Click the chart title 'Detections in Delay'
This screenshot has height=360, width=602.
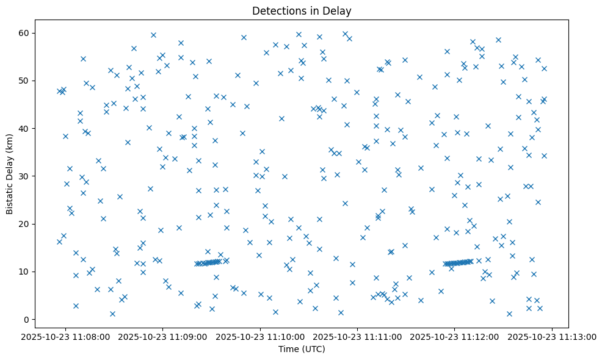tap(302, 11)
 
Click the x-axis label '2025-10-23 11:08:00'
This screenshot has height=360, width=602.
tap(66, 336)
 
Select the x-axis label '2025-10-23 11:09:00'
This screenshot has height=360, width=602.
tap(163, 336)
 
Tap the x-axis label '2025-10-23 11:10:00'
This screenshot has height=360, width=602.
tap(261, 336)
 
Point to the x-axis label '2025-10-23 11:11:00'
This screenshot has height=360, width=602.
tap(358, 336)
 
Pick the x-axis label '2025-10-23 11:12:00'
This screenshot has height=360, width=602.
tap(455, 336)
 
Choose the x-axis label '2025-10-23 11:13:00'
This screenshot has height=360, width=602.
tap(553, 336)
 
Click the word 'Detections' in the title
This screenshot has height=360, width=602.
tap(277, 11)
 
